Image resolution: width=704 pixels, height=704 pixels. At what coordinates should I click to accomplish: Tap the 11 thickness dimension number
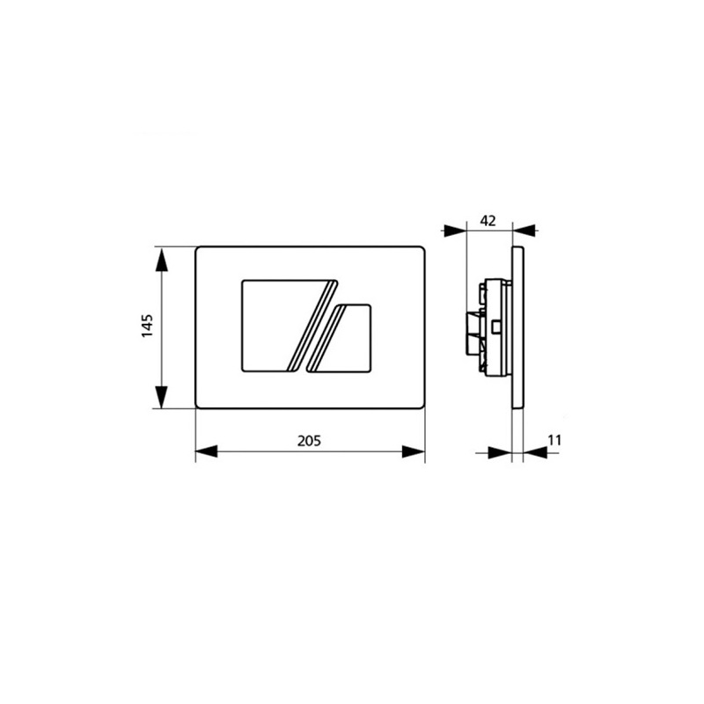(553, 439)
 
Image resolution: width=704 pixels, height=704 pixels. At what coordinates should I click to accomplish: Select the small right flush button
(349, 339)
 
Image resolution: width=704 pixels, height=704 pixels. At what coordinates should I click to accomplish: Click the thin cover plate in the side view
(517, 327)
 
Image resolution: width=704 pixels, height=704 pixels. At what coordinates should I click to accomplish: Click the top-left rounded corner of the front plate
(199, 250)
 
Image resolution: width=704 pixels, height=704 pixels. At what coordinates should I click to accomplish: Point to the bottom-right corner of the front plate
(423, 406)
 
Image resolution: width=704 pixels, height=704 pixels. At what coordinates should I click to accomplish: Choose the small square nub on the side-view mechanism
(498, 327)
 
